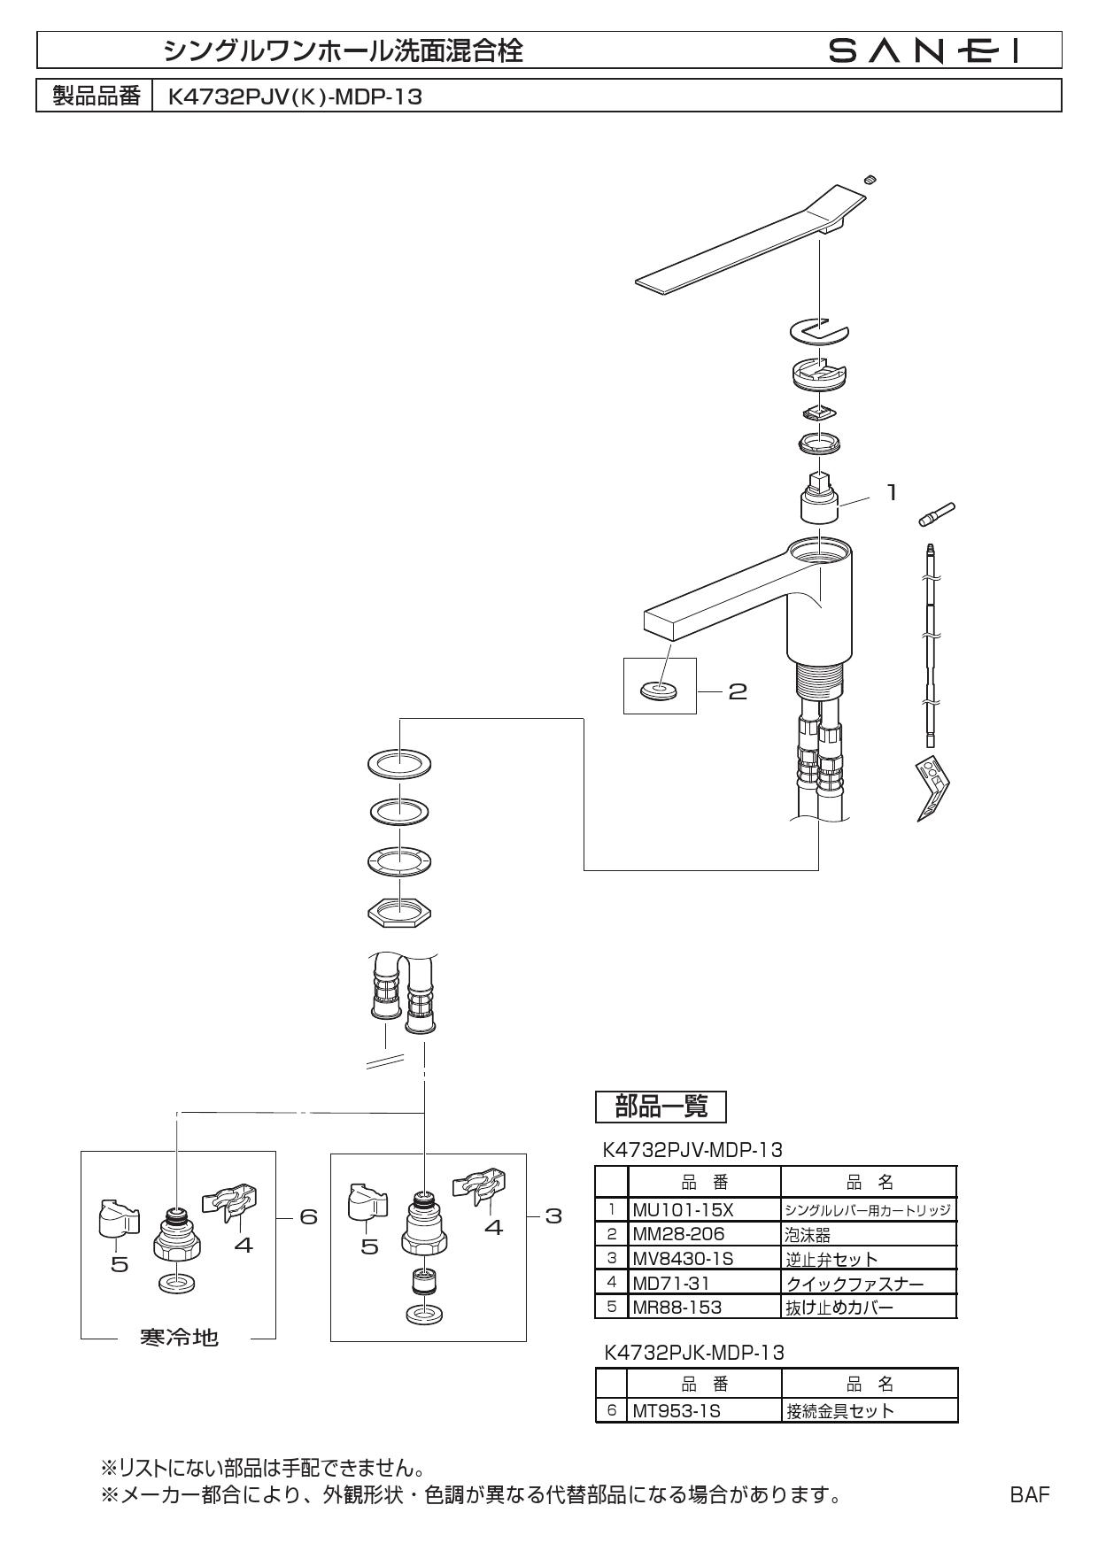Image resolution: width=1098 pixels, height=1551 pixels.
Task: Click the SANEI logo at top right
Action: [x=924, y=51]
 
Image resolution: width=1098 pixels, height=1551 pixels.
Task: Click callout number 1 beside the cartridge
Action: [x=893, y=492]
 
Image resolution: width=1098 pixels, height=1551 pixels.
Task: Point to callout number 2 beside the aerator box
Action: [x=737, y=691]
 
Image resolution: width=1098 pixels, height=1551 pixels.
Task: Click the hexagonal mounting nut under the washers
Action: [x=398, y=911]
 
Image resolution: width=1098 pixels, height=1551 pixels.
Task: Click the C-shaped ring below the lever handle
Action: [x=819, y=331]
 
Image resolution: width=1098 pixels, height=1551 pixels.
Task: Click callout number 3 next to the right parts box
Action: [x=553, y=1216]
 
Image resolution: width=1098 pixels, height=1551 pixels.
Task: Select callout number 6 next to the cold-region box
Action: [x=308, y=1216]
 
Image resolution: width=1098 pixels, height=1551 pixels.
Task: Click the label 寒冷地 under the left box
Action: [x=180, y=1338]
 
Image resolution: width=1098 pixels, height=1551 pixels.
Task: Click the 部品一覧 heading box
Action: [x=661, y=1107]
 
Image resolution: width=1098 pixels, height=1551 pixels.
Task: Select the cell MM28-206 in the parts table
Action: [x=677, y=1234]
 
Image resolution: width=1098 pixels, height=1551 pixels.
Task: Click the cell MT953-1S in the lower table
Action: [x=675, y=1411]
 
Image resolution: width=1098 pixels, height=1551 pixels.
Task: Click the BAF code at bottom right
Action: [x=1030, y=1495]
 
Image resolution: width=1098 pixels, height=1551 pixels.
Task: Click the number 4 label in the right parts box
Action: [x=493, y=1228]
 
